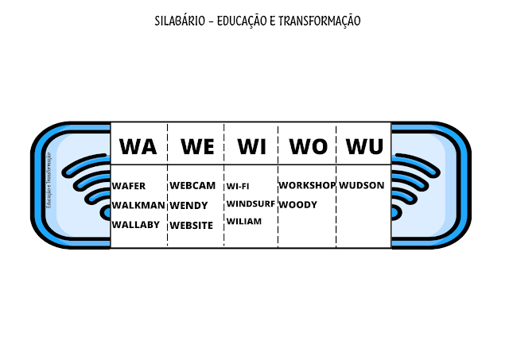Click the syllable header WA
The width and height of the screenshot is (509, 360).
tap(138, 146)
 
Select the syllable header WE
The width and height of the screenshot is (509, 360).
tap(197, 146)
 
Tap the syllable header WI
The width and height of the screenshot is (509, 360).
tap(251, 146)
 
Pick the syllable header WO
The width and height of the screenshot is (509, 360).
tap(308, 146)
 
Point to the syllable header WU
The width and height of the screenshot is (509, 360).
tap(364, 146)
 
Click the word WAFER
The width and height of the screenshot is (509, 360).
tap(129, 186)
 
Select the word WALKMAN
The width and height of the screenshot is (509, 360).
tap(138, 205)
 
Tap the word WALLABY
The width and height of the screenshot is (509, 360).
tap(136, 225)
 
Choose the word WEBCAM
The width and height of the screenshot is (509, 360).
tap(192, 186)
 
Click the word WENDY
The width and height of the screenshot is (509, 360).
tap(188, 206)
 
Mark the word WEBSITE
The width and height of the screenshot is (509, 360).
tap(192, 226)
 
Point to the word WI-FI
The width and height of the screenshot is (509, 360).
tap(238, 187)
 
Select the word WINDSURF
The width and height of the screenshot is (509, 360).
tap(250, 204)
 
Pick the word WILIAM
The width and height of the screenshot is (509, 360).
tap(244, 222)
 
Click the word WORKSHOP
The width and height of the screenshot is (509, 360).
tap(307, 185)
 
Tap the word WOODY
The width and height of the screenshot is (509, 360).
tap(298, 205)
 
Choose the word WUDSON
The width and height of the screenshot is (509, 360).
tap(362, 185)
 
